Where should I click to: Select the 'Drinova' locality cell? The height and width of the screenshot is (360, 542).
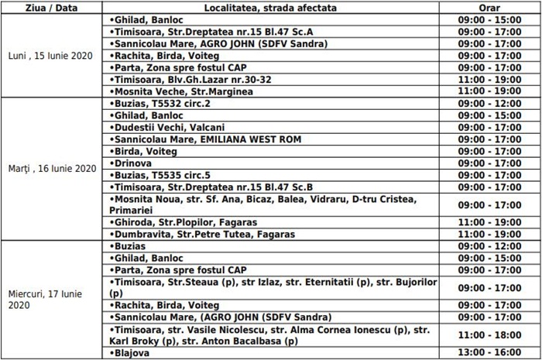click(132, 163)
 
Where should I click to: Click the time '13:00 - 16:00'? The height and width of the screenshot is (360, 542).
click(489, 353)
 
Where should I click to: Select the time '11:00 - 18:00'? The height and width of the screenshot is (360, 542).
click(489, 335)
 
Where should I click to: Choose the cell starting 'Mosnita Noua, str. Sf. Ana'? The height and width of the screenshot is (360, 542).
click(263, 204)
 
